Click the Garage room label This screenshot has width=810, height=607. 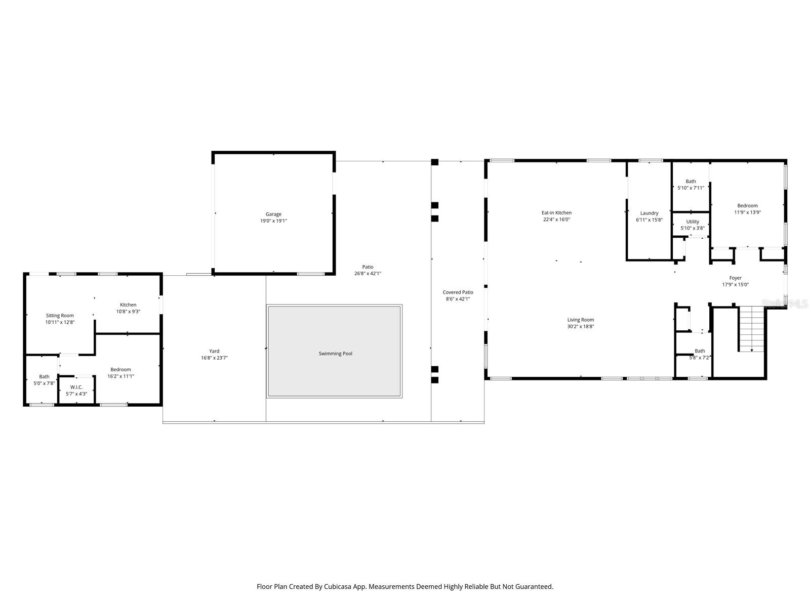pyautogui.click(x=273, y=214)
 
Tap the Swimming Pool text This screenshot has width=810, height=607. pyautogui.click(x=335, y=354)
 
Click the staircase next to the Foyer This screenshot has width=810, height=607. pyautogui.click(x=751, y=329)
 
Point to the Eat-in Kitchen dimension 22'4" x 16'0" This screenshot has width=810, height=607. pyautogui.click(x=556, y=220)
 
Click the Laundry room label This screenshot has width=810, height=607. pyautogui.click(x=649, y=213)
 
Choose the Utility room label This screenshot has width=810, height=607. pyautogui.click(x=693, y=222)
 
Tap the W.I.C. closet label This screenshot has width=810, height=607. pyautogui.click(x=76, y=387)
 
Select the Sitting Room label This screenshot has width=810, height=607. pyautogui.click(x=60, y=316)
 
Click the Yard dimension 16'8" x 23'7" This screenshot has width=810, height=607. pyautogui.click(x=214, y=358)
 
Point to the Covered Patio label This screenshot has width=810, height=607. pyautogui.click(x=458, y=292)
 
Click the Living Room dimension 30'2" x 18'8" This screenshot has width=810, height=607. pyautogui.click(x=580, y=326)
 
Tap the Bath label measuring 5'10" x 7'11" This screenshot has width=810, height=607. pyautogui.click(x=691, y=181)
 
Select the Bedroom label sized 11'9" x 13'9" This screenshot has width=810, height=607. pyautogui.click(x=747, y=205)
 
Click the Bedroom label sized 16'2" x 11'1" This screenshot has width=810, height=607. pyautogui.click(x=120, y=369)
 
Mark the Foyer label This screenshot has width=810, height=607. pyautogui.click(x=735, y=278)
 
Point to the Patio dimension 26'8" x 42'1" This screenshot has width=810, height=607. pyautogui.click(x=368, y=274)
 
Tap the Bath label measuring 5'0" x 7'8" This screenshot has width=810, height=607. pyautogui.click(x=45, y=376)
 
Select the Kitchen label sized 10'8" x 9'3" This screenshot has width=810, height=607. pyautogui.click(x=128, y=305)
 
